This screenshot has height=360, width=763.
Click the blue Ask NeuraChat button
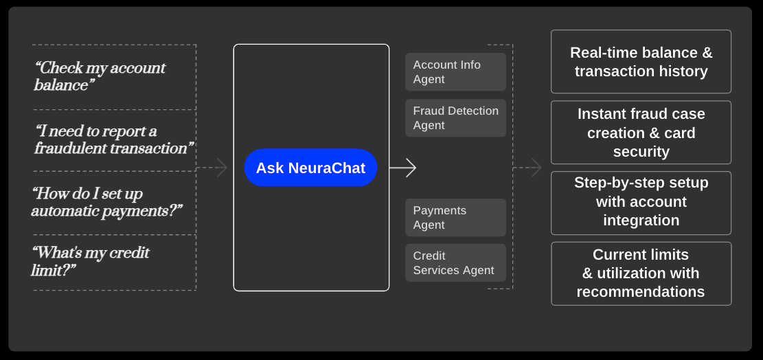(x=310, y=168)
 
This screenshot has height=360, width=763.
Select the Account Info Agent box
(x=455, y=72)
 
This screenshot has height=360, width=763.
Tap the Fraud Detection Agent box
(x=455, y=118)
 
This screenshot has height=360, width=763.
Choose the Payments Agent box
(x=455, y=218)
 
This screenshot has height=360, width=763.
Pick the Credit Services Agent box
(x=455, y=263)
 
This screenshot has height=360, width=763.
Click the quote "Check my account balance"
(x=100, y=76)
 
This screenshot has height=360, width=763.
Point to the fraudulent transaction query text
(x=114, y=139)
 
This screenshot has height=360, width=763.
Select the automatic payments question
(x=106, y=202)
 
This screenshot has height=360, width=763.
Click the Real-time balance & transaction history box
(x=641, y=62)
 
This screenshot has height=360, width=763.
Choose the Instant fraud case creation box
(x=641, y=133)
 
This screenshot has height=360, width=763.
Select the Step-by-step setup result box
(x=641, y=202)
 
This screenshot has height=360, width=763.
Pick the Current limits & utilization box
(x=641, y=273)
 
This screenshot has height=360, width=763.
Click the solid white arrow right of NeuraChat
(x=403, y=168)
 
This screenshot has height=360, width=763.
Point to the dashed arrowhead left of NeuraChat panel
(x=221, y=168)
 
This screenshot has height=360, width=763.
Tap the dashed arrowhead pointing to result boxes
(x=535, y=168)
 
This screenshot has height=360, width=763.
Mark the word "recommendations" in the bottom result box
(x=640, y=292)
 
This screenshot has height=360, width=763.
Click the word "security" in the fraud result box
(x=641, y=152)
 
